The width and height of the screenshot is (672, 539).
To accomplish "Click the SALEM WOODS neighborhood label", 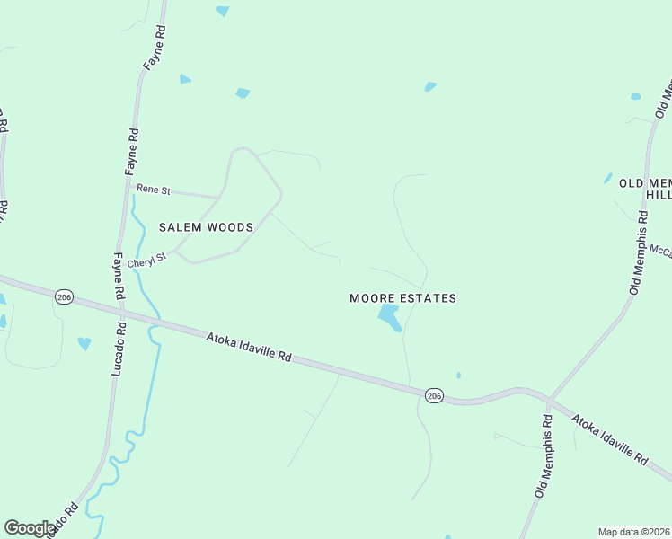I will [206, 227].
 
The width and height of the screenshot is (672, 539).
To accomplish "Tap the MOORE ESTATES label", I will [402, 298].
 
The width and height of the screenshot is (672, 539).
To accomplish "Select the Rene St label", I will [153, 190].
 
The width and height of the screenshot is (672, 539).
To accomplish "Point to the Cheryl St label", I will [147, 261].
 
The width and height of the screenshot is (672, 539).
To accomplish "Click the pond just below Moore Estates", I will [390, 316].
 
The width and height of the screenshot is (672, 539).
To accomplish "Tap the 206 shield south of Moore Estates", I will [434, 396].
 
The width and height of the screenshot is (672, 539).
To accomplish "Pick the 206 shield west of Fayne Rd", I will [63, 297].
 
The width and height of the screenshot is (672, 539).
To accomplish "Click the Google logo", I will [30, 528].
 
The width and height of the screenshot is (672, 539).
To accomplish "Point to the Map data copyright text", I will [634, 532].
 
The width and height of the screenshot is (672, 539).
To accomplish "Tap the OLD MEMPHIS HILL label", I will [645, 189].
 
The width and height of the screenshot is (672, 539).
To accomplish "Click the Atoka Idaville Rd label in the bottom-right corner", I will [610, 439].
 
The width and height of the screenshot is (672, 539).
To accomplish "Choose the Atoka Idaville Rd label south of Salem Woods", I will [249, 346].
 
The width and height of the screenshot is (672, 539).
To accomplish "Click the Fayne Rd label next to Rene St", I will [132, 151].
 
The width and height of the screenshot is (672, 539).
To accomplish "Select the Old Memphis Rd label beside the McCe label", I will [639, 252].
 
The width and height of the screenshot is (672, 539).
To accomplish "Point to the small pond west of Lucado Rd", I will [84, 343].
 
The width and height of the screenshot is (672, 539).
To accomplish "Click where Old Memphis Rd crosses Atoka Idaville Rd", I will [548, 399].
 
